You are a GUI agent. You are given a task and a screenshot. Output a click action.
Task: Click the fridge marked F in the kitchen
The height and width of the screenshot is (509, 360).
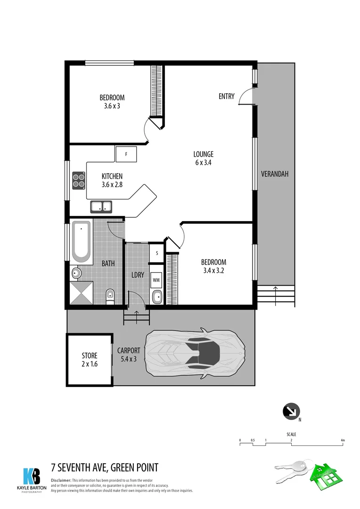126,154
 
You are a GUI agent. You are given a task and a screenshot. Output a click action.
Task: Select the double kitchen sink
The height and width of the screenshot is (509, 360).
100,206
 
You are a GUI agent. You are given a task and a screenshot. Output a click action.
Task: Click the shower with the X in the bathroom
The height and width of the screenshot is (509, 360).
82,292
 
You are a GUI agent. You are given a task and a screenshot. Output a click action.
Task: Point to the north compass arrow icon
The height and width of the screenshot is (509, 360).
290,411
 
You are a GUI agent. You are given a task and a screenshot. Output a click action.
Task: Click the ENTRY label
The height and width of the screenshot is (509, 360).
226,97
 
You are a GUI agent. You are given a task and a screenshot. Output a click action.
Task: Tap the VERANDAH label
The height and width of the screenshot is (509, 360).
275,174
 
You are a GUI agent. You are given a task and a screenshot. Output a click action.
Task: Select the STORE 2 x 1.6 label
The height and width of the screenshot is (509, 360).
90,359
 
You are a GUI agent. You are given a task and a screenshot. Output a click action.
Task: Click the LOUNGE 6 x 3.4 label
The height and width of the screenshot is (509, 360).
204,158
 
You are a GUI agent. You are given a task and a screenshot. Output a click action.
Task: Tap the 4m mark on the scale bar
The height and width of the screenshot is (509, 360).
343,441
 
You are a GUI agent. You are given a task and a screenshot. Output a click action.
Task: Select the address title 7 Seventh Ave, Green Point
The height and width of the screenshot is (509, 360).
105,468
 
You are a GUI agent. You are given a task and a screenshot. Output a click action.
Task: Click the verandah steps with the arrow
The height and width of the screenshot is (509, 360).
275,296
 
